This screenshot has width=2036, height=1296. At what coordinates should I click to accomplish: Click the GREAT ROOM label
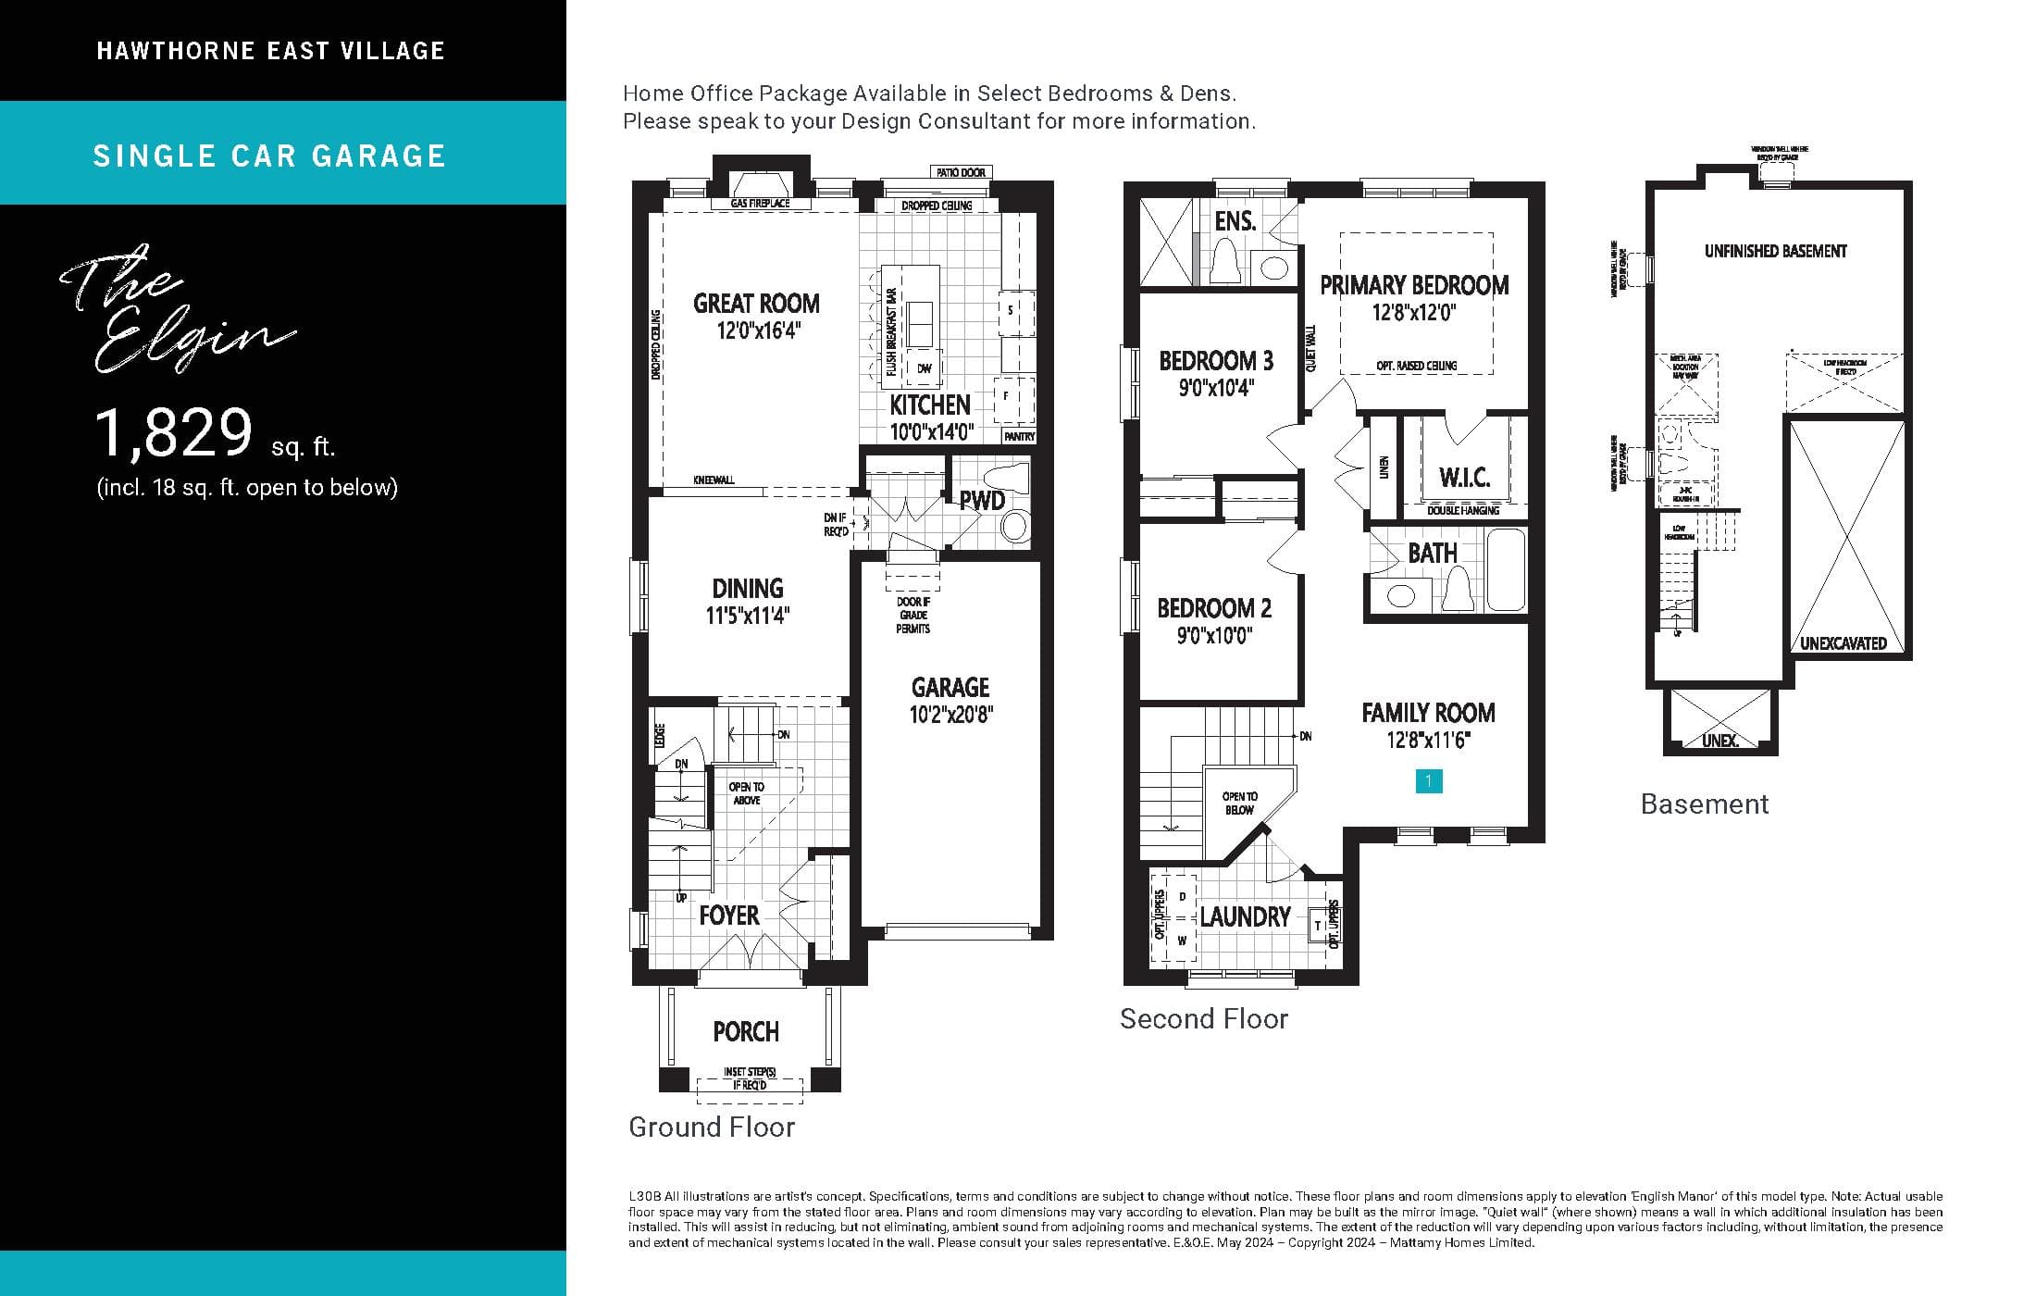pyautogui.click(x=756, y=304)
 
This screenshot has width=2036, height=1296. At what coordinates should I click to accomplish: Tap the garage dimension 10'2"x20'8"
pyautogui.click(x=950, y=715)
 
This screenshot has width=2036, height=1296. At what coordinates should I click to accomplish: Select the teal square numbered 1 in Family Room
pyautogui.click(x=1428, y=781)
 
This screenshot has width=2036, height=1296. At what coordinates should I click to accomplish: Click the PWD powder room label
pyautogui.click(x=981, y=501)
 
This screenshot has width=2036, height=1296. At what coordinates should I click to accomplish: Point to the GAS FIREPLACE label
pyautogui.click(x=760, y=203)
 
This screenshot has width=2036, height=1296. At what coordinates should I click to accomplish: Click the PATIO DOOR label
pyautogui.click(x=961, y=172)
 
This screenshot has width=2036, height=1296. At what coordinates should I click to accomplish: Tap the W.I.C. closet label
pyautogui.click(x=1464, y=478)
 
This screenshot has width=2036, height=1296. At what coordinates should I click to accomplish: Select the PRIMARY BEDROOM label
pyautogui.click(x=1414, y=285)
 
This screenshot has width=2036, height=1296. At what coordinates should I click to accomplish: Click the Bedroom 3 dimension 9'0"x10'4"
pyautogui.click(x=1216, y=388)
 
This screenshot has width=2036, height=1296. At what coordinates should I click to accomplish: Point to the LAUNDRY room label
pyautogui.click(x=1245, y=916)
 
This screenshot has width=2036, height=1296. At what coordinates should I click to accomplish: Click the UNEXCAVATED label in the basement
pyautogui.click(x=1843, y=643)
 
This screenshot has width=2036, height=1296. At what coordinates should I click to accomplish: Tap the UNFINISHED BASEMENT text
pyautogui.click(x=1775, y=251)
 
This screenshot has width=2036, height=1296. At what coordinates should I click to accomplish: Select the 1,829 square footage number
pyautogui.click(x=174, y=433)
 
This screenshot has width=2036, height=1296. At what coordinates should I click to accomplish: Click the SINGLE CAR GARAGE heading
pyautogui.click(x=269, y=156)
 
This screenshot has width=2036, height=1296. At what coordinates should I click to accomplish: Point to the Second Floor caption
pyautogui.click(x=1203, y=1019)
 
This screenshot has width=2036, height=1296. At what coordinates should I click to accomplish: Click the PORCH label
pyautogui.click(x=746, y=1031)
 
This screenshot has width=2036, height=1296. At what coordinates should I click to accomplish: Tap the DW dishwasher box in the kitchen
pyautogui.click(x=924, y=368)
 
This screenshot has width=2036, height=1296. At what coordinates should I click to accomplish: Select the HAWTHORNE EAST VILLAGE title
pyautogui.click(x=270, y=51)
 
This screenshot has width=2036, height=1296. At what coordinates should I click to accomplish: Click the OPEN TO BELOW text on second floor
pyautogui.click(x=1239, y=803)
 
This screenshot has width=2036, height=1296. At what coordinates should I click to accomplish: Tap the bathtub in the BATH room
pyautogui.click(x=1506, y=569)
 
